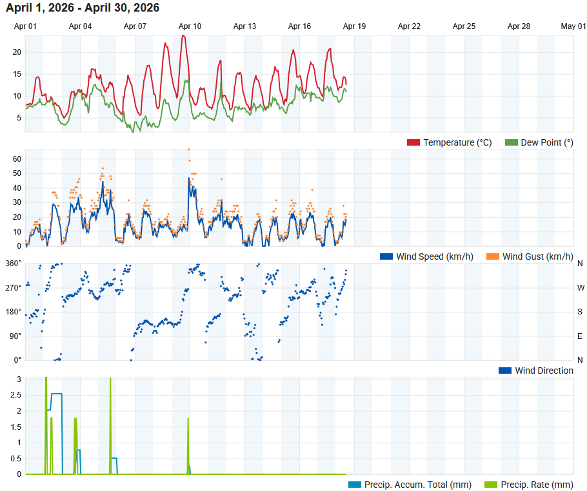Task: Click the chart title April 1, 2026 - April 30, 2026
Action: [x=83, y=8]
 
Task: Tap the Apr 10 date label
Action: [x=190, y=26]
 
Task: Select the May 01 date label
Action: [x=573, y=26]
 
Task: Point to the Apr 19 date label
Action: [x=354, y=26]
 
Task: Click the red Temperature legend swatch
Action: [x=413, y=142]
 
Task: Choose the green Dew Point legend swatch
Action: [x=511, y=142]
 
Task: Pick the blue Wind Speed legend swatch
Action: [x=386, y=256]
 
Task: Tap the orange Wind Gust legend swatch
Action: [x=493, y=256]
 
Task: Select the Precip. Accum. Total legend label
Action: [x=417, y=485]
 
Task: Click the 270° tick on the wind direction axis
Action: [x=14, y=287]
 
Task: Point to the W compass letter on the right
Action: [x=580, y=287]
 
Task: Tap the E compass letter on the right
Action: [x=580, y=336]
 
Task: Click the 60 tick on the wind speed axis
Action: [x=17, y=159]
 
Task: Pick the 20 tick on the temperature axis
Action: [x=17, y=52]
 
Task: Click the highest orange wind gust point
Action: [x=189, y=149]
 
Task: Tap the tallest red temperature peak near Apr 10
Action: [x=184, y=36]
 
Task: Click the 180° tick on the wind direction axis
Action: [x=14, y=312]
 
